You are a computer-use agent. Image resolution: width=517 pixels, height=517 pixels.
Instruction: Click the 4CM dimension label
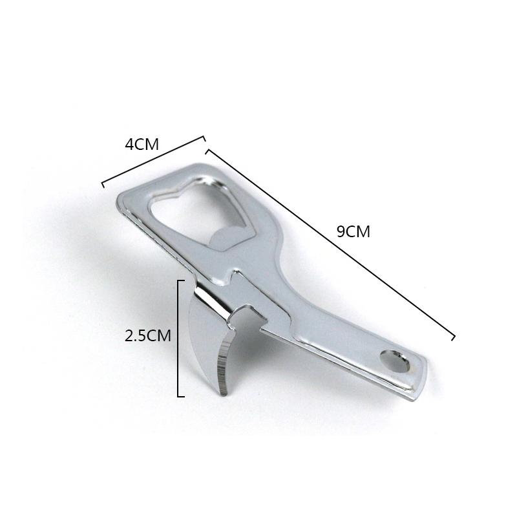tap(142, 144)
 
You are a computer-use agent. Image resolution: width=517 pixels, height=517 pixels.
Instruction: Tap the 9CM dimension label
tap(353, 231)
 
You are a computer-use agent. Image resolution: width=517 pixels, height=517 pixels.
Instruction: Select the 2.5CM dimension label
tap(148, 335)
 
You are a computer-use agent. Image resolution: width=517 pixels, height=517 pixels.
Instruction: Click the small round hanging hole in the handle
tap(395, 362)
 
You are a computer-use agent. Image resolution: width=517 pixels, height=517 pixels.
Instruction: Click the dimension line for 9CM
tap(330, 244)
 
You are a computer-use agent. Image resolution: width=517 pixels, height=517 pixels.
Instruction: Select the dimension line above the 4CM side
tap(154, 162)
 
